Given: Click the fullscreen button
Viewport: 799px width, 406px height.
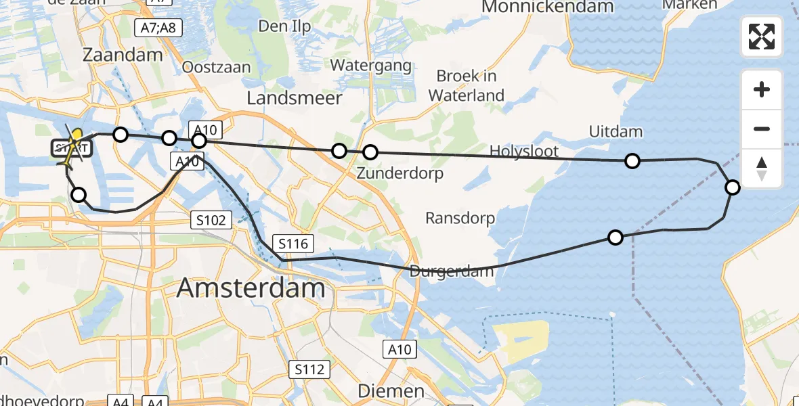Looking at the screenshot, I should point(762,37).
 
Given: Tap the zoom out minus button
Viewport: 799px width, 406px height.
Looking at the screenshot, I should point(762,129).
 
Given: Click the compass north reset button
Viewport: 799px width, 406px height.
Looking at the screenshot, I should point(762,168).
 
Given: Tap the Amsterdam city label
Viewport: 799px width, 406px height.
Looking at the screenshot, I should point(251,289).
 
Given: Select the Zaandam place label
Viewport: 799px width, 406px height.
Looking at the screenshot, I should point(123,55).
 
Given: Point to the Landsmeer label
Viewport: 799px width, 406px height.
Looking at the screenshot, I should point(295,97).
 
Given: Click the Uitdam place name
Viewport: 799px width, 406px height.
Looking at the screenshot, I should point(616,131).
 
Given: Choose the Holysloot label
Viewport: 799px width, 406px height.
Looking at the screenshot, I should point(525,150).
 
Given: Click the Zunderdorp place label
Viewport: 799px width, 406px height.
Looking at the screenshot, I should point(400,174).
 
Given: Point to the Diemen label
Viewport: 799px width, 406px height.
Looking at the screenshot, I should point(391,391).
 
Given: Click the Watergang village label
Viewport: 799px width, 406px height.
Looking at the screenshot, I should point(371,66).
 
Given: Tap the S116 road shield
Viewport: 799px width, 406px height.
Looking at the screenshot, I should point(292,243).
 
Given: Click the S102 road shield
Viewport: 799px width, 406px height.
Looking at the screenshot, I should point(212,219).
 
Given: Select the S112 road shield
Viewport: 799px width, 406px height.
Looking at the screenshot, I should point(309,369).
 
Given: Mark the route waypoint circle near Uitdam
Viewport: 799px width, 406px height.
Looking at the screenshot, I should point(632,160).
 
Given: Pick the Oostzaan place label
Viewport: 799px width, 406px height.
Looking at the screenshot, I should point(217,68).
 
